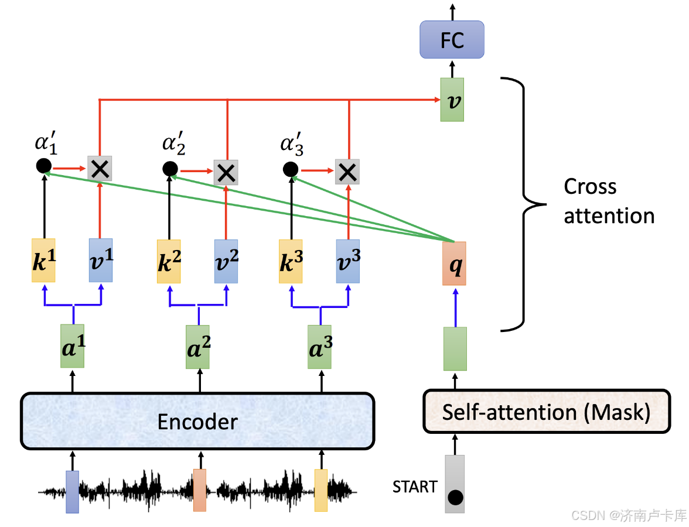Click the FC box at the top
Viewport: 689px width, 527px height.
(x=452, y=40)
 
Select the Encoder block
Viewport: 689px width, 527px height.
(x=197, y=422)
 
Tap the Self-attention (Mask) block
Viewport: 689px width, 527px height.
(x=546, y=412)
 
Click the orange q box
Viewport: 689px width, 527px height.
(x=454, y=263)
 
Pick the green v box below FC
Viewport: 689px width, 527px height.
(x=452, y=100)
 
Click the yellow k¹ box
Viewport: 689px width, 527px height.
(x=43, y=261)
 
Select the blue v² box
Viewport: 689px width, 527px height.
(x=226, y=261)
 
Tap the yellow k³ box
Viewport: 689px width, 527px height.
(x=291, y=261)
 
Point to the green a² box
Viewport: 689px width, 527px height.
(x=197, y=347)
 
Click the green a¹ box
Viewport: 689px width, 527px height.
(x=73, y=346)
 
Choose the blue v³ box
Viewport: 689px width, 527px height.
(x=348, y=261)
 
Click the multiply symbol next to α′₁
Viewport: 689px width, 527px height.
(x=99, y=169)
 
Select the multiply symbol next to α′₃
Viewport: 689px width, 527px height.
(x=347, y=171)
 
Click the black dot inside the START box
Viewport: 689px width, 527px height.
(x=455, y=498)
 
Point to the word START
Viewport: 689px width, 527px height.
(x=415, y=487)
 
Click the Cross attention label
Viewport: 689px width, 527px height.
(x=608, y=201)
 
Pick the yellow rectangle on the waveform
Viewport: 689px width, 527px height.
(x=321, y=490)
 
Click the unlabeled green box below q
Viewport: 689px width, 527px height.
(x=455, y=349)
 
